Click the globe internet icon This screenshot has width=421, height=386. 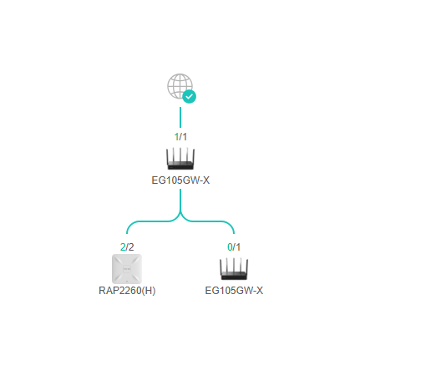point(180,86)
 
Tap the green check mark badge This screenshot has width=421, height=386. point(190,97)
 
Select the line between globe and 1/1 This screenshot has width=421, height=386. point(180,117)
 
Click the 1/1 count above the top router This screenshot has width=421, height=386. point(180,137)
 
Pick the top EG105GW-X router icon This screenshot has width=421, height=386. point(180,159)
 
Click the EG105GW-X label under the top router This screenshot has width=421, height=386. point(180,180)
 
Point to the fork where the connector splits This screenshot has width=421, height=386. point(180,214)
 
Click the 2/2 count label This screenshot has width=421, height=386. point(127,247)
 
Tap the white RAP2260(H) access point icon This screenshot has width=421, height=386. point(127,269)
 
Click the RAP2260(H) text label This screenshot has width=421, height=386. point(127,291)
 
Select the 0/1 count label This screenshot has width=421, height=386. point(234,247)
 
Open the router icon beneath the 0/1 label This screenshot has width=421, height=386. point(234,269)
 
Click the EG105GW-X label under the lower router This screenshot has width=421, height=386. point(234,291)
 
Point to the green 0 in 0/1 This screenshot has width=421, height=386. point(230,247)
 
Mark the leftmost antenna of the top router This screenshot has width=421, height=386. point(167,157)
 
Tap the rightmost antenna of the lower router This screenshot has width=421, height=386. point(246,267)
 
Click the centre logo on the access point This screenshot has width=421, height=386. point(127,269)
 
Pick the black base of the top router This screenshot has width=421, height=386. point(180,165)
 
